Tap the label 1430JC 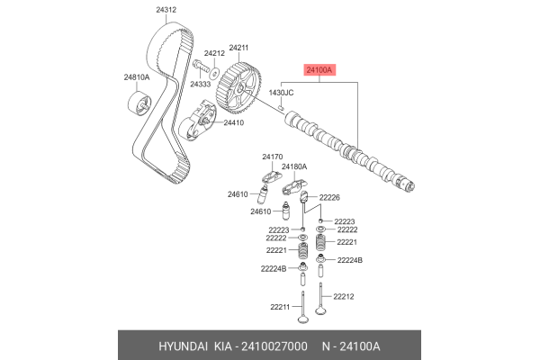point(283,93)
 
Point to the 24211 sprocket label point(237,47)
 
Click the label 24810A point(137,77)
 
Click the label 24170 point(273,157)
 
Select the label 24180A point(294,166)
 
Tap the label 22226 point(328,196)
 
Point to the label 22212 point(344,295)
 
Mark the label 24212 point(213,53)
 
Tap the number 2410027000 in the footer point(274,346)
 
